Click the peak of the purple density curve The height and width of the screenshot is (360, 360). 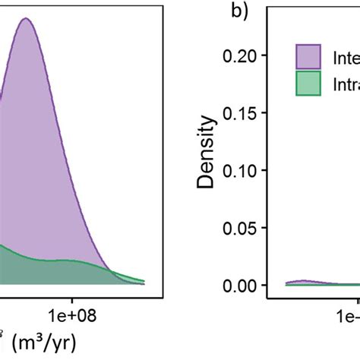tap(25, 19)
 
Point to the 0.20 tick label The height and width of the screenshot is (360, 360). tap(242, 55)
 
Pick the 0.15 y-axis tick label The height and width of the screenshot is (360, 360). tap(242, 112)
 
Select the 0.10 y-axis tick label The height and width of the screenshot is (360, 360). tap(242, 170)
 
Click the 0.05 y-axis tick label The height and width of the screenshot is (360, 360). tap(242, 228)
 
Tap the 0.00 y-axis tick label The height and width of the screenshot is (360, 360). tap(242, 286)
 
